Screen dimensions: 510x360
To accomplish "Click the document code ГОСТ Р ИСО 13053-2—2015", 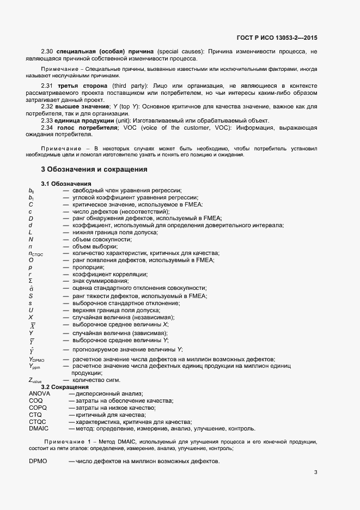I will pyautogui.click(x=277, y=38).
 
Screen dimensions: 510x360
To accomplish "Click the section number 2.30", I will pyautogui.click(x=47, y=51).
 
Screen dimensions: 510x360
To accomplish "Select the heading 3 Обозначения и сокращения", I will pyautogui.click(x=94, y=169).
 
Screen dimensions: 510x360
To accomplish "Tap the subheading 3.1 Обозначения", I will pyautogui.click(x=66, y=183).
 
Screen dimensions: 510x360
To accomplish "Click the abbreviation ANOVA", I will pyautogui.click(x=39, y=393).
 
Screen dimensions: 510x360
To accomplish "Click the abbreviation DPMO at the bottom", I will pyautogui.click(x=38, y=462).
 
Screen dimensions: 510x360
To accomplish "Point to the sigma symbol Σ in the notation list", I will pyautogui.click(x=30, y=281).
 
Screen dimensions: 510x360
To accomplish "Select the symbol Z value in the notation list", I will pyautogui.click(x=35, y=380).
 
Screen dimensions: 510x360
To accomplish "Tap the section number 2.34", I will pyautogui.click(x=47, y=127).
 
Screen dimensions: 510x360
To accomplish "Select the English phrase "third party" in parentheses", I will pyautogui.click(x=130, y=86).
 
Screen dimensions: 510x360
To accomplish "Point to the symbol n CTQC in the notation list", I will pyautogui.click(x=35, y=253).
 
